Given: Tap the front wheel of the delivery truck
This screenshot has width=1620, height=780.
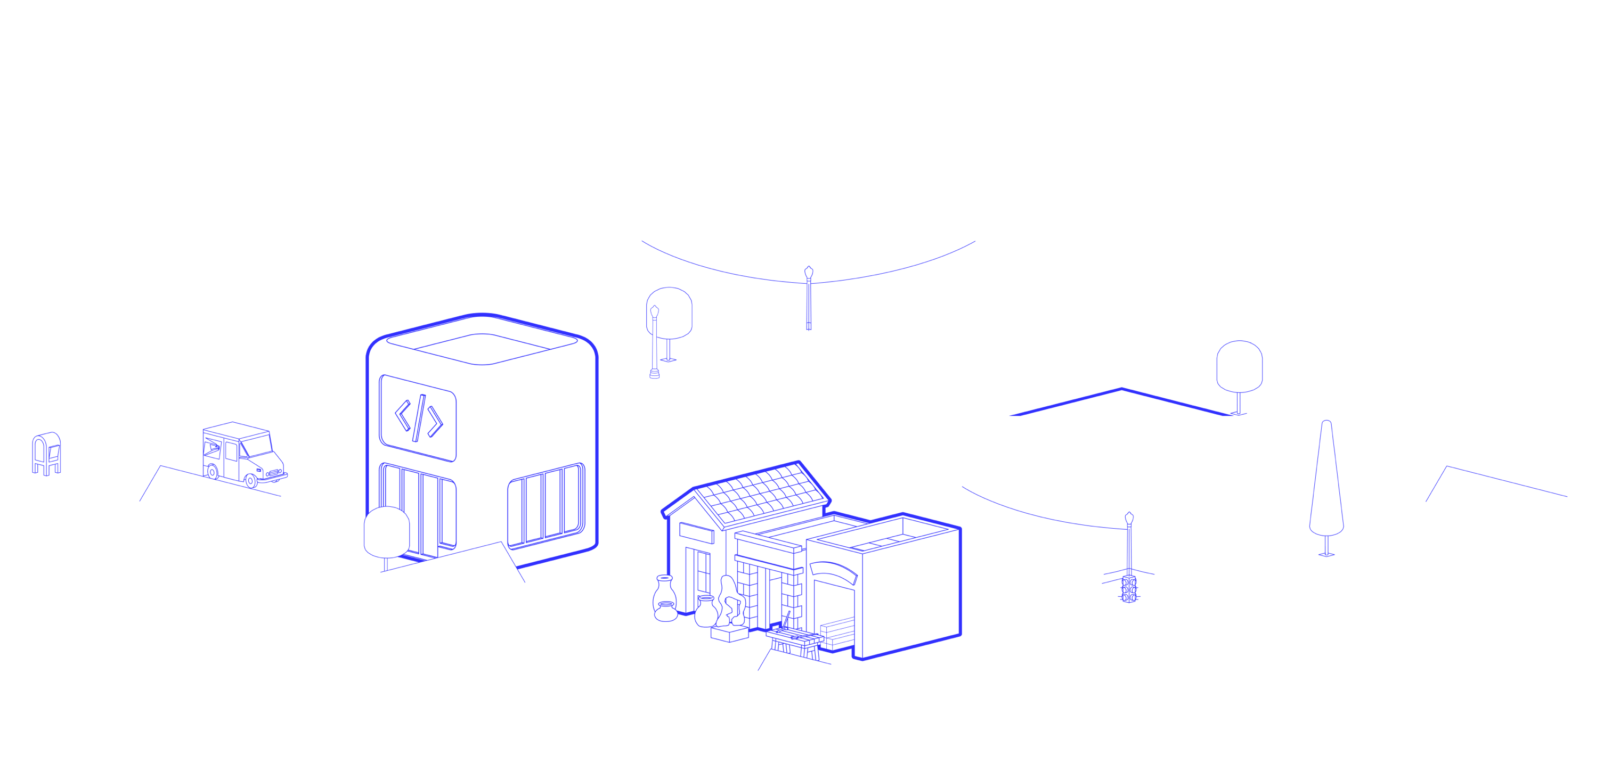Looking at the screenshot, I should tap(251, 481).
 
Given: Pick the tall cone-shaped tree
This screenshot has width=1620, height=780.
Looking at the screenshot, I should tap(1326, 484).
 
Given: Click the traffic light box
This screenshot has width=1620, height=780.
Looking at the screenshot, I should tap(1129, 589).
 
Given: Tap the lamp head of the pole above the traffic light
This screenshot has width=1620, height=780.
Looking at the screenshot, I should tap(1129, 519).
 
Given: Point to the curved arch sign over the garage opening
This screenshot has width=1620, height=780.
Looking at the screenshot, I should tap(833, 571).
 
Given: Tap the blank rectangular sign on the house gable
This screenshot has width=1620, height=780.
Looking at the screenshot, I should tap(696, 533).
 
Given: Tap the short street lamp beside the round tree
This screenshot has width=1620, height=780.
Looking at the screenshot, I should tap(655, 342).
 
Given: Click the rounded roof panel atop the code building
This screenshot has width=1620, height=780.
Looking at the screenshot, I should tap(481, 348).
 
